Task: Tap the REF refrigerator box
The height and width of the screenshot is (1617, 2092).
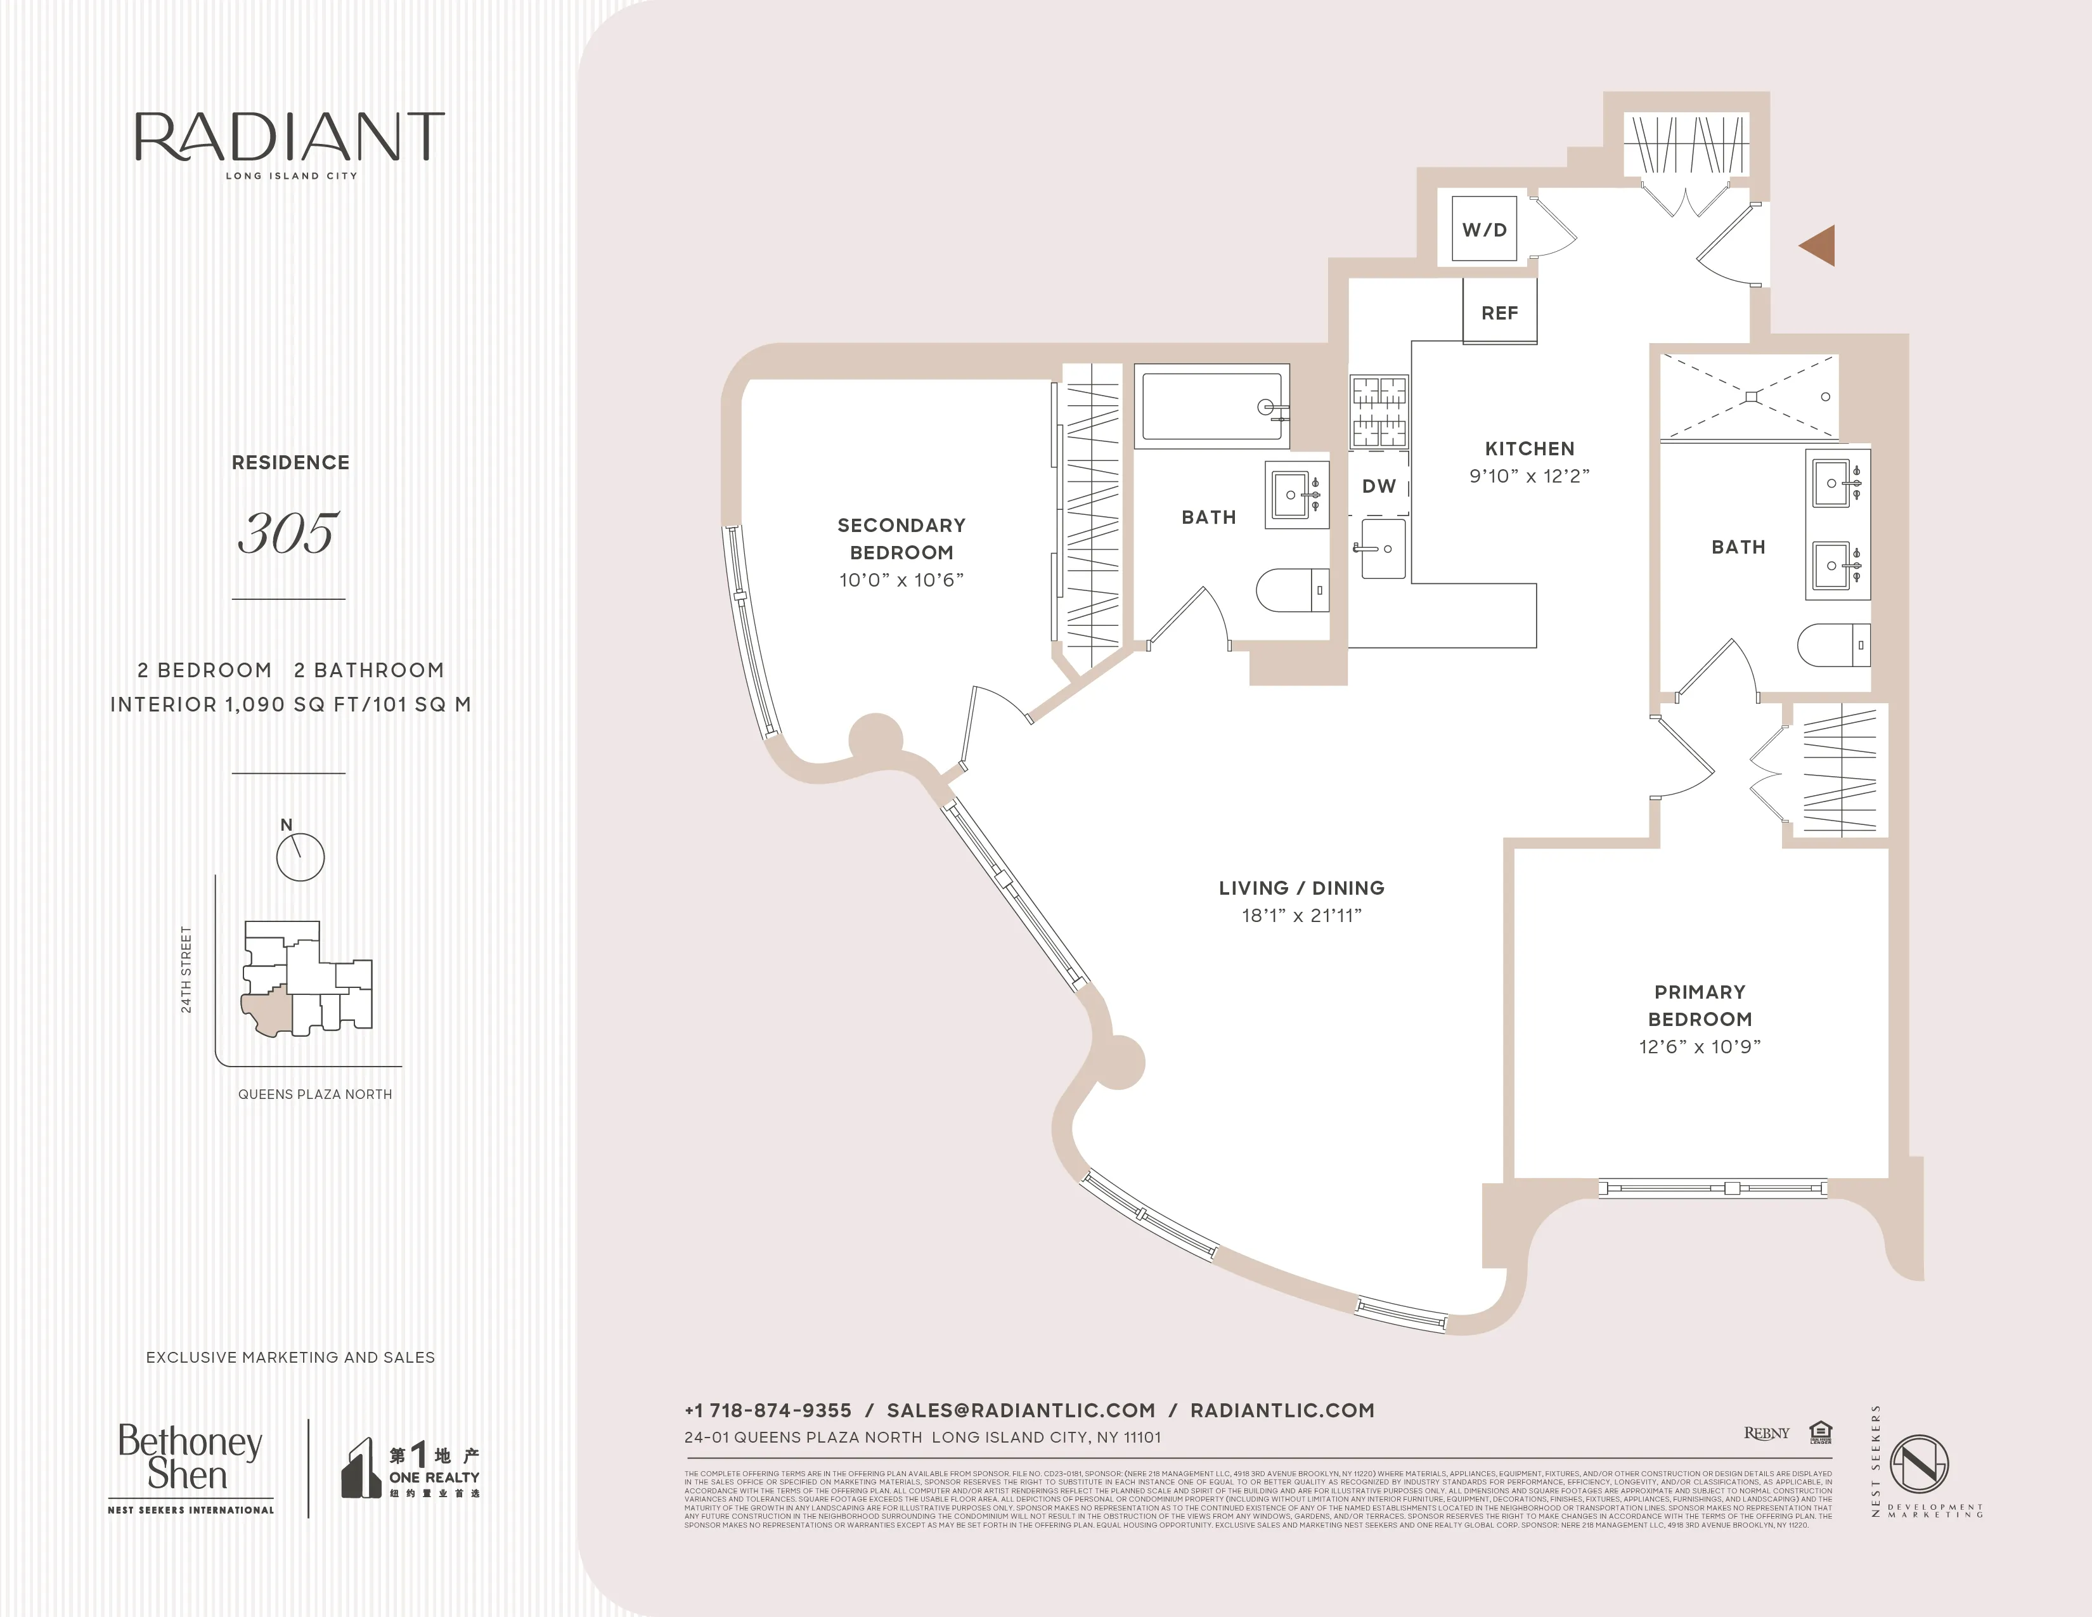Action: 1499,312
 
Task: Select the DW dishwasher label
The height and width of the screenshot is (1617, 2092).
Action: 1378,486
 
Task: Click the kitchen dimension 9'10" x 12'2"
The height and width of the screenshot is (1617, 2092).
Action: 1529,476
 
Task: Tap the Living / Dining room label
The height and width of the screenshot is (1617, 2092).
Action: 1301,888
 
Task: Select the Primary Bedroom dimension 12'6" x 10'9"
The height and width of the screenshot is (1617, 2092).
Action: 1699,1047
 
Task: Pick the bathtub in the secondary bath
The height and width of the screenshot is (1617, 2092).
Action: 1211,407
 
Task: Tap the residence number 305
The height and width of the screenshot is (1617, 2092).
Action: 288,533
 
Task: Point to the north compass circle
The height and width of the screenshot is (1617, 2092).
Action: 300,857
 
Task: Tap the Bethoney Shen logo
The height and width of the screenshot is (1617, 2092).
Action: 190,1458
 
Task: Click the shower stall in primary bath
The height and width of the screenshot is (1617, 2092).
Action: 1749,396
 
